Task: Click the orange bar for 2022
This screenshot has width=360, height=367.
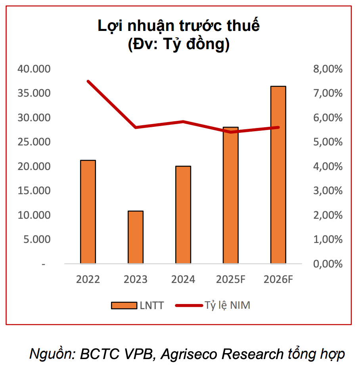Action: tap(88, 212)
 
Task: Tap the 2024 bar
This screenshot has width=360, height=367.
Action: tap(183, 215)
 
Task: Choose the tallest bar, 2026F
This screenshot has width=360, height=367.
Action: tap(278, 175)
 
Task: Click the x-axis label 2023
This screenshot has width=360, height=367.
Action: tap(136, 279)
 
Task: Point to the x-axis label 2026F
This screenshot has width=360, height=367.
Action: tap(278, 279)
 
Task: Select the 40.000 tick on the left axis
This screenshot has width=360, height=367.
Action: tap(34, 69)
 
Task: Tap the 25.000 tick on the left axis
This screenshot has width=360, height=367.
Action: tap(34, 142)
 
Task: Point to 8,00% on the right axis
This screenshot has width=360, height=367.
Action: tap(327, 69)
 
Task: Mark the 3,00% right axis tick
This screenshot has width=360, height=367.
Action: tap(327, 191)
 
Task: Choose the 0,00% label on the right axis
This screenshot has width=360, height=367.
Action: tap(327, 264)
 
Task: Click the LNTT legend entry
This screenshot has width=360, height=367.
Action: tap(137, 306)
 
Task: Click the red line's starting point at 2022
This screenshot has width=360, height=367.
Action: tap(88, 81)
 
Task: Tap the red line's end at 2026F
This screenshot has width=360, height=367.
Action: tap(278, 127)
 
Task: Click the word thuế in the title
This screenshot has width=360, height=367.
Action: tap(243, 26)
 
